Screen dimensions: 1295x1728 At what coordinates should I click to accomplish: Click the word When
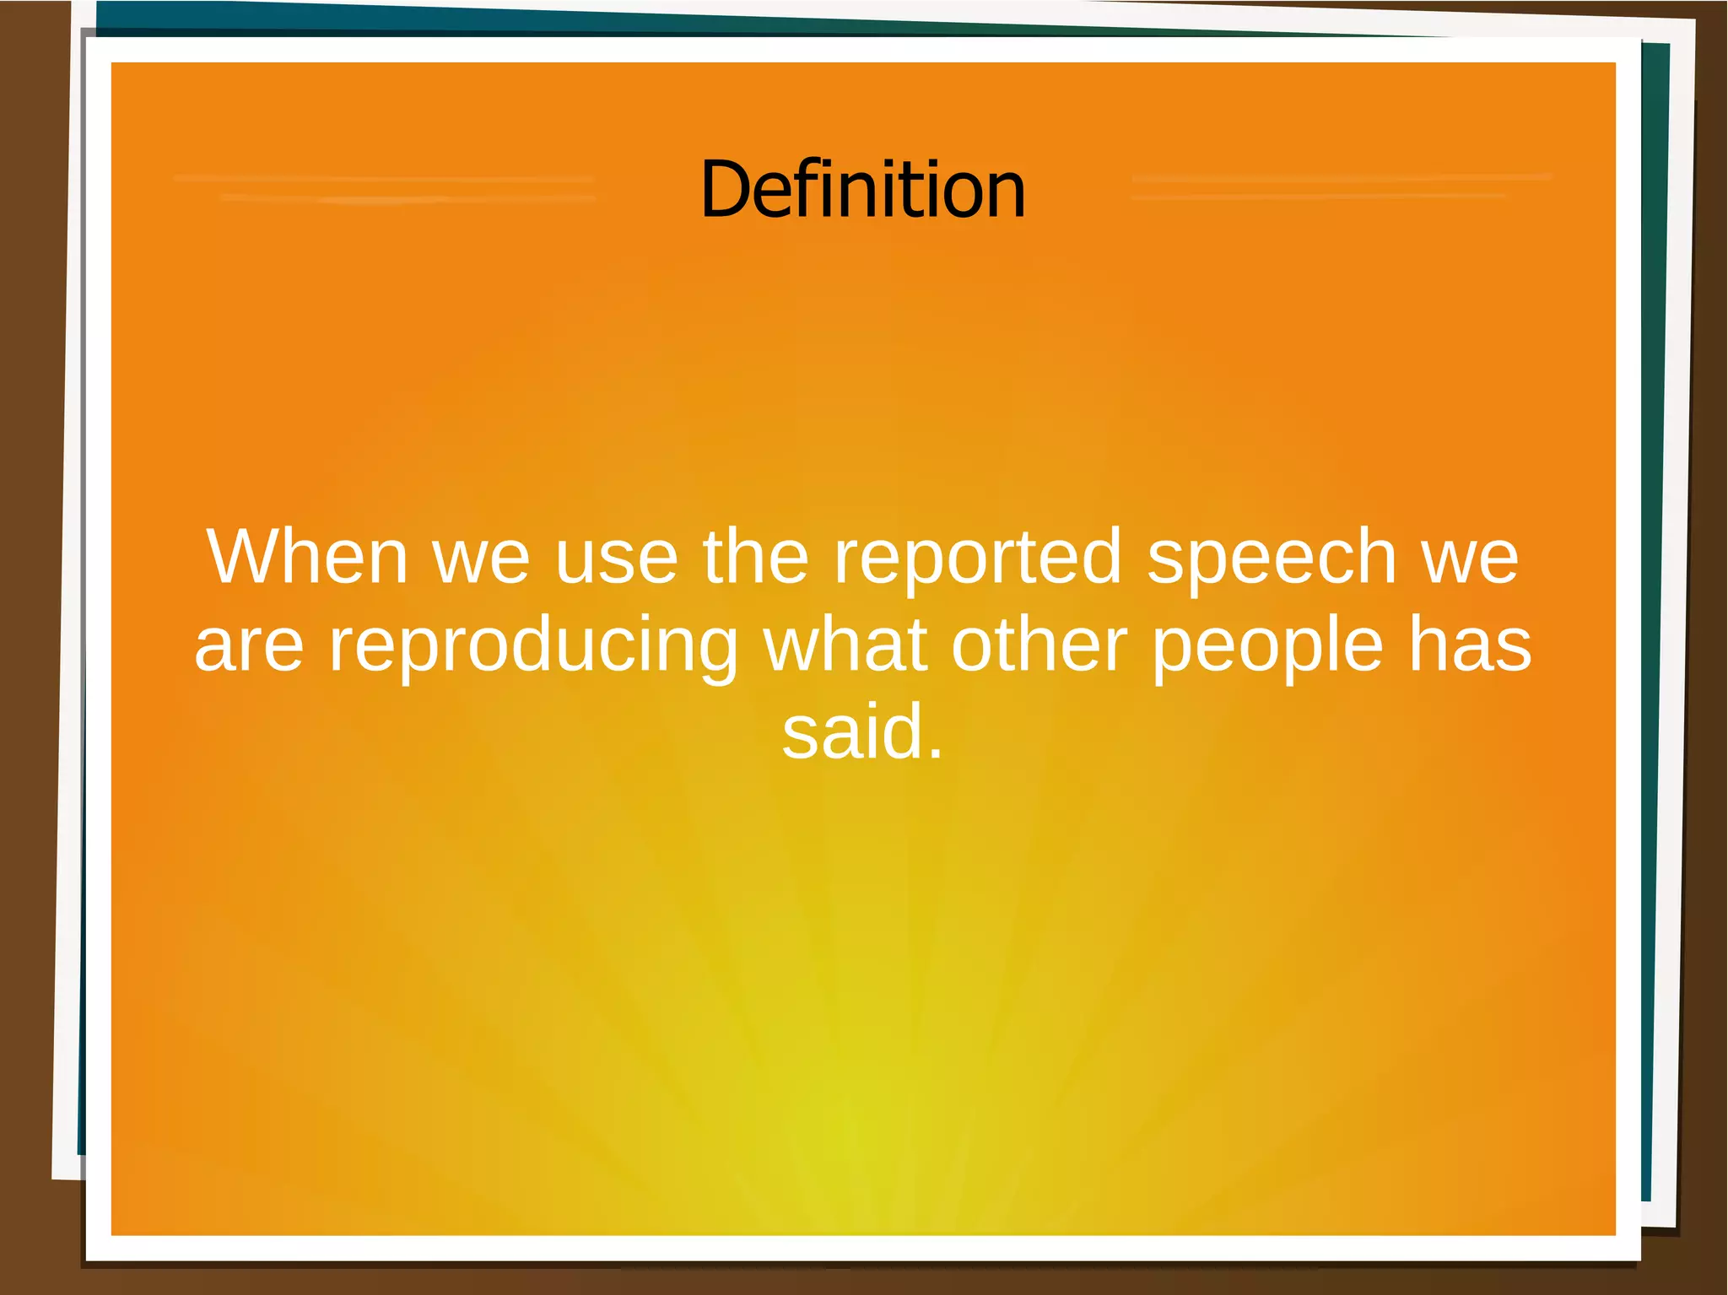click(x=307, y=557)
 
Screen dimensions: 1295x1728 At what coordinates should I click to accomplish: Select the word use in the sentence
click(x=617, y=558)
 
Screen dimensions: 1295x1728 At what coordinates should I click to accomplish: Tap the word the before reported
click(x=756, y=557)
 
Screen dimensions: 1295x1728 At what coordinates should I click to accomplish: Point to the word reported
click(x=978, y=558)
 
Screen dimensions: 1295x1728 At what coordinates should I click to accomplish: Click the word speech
click(x=1272, y=558)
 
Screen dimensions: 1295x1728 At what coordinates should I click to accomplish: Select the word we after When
click(x=482, y=558)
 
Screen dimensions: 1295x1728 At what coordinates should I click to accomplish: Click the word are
click(x=249, y=646)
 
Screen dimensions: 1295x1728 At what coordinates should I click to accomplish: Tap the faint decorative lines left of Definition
click(x=385, y=188)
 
